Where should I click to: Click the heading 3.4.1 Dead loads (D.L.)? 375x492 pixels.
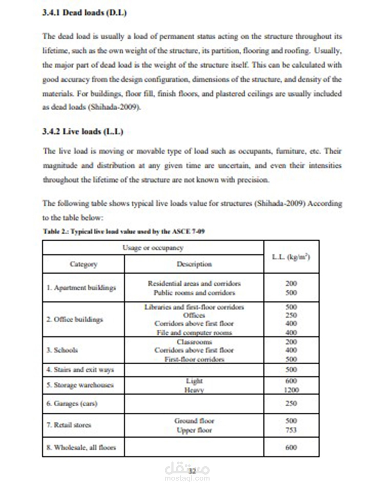[84, 13]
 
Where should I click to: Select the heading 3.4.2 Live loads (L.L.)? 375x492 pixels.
[83, 132]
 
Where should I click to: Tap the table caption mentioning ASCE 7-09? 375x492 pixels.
[124, 231]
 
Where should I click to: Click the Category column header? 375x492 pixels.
[83, 264]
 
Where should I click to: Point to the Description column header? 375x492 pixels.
[194, 264]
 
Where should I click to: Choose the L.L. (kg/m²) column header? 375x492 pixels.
[291, 257]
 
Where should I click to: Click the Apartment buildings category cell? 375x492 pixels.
[81, 288]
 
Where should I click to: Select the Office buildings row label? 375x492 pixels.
[75, 319]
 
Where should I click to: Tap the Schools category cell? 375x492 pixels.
[62, 350]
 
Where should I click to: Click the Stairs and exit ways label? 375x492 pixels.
[80, 370]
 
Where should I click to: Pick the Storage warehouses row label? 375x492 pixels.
[80, 385]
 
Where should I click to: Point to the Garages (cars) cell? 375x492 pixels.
[72, 403]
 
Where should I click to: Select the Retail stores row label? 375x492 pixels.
[69, 425]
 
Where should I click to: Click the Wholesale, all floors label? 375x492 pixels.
[81, 447]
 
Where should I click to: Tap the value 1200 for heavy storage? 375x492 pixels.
[291, 390]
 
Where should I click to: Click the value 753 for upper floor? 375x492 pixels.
[291, 430]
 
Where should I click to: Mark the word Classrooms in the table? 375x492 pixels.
[194, 342]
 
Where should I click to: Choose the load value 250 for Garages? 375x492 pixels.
[291, 403]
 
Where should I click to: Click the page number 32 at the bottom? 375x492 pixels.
[192, 471]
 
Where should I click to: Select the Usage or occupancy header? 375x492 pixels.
[153, 248]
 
